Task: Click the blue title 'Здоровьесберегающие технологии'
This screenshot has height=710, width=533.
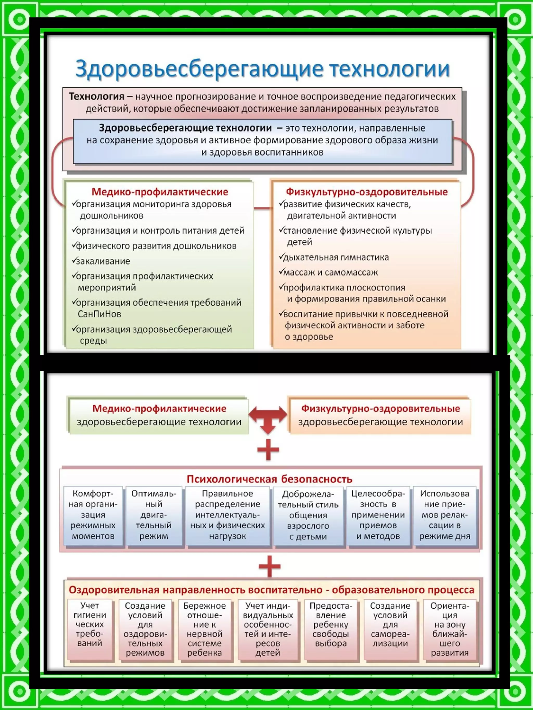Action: (262, 69)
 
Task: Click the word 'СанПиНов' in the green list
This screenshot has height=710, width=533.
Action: (99, 314)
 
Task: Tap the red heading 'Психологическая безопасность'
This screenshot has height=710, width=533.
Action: (269, 479)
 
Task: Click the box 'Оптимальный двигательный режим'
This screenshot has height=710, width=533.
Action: (154, 515)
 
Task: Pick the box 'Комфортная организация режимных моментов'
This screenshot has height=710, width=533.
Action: (93, 515)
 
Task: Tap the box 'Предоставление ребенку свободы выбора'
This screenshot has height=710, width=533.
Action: (331, 625)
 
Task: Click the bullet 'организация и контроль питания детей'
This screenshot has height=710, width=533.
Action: (160, 230)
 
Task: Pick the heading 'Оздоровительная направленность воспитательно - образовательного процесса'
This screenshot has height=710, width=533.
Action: (271, 590)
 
